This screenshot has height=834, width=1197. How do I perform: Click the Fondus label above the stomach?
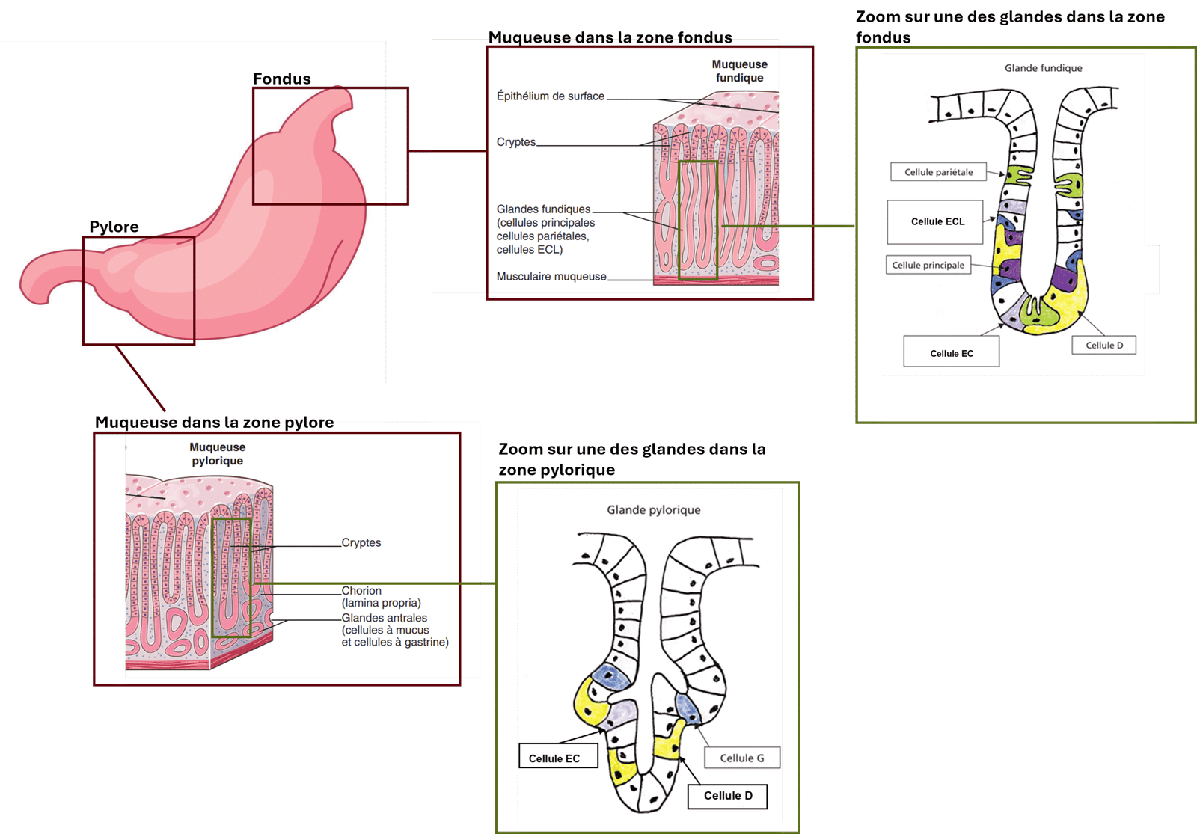click(x=281, y=79)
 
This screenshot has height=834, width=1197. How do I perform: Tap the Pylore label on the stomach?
click(x=114, y=227)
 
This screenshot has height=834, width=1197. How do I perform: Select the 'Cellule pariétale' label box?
click(x=938, y=172)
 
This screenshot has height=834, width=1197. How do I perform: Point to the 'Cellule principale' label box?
click(x=928, y=265)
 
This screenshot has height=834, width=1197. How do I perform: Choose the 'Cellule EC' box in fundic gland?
click(x=951, y=353)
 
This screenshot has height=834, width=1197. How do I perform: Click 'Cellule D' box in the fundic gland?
click(x=1104, y=345)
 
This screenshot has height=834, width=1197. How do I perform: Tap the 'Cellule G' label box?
click(x=741, y=758)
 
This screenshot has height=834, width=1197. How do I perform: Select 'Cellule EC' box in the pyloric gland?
click(x=554, y=758)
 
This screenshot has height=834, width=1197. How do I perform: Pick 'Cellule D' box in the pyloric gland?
click(x=727, y=795)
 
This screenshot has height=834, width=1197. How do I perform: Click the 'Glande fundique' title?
click(x=1043, y=68)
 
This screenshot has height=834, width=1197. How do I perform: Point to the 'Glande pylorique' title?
click(x=654, y=510)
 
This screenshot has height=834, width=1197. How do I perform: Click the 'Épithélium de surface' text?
click(x=551, y=96)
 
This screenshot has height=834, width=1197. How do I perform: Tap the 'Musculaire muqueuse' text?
click(x=551, y=277)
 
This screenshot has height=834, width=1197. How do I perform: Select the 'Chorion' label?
click(x=361, y=591)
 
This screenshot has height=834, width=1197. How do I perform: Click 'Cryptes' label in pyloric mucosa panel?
click(x=361, y=542)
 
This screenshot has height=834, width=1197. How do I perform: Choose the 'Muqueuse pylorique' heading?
click(x=217, y=454)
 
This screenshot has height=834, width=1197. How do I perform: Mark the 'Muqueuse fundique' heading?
click(x=739, y=71)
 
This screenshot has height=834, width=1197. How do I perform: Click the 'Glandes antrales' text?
click(x=385, y=618)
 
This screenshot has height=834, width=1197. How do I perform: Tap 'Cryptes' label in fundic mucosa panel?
click(x=516, y=142)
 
